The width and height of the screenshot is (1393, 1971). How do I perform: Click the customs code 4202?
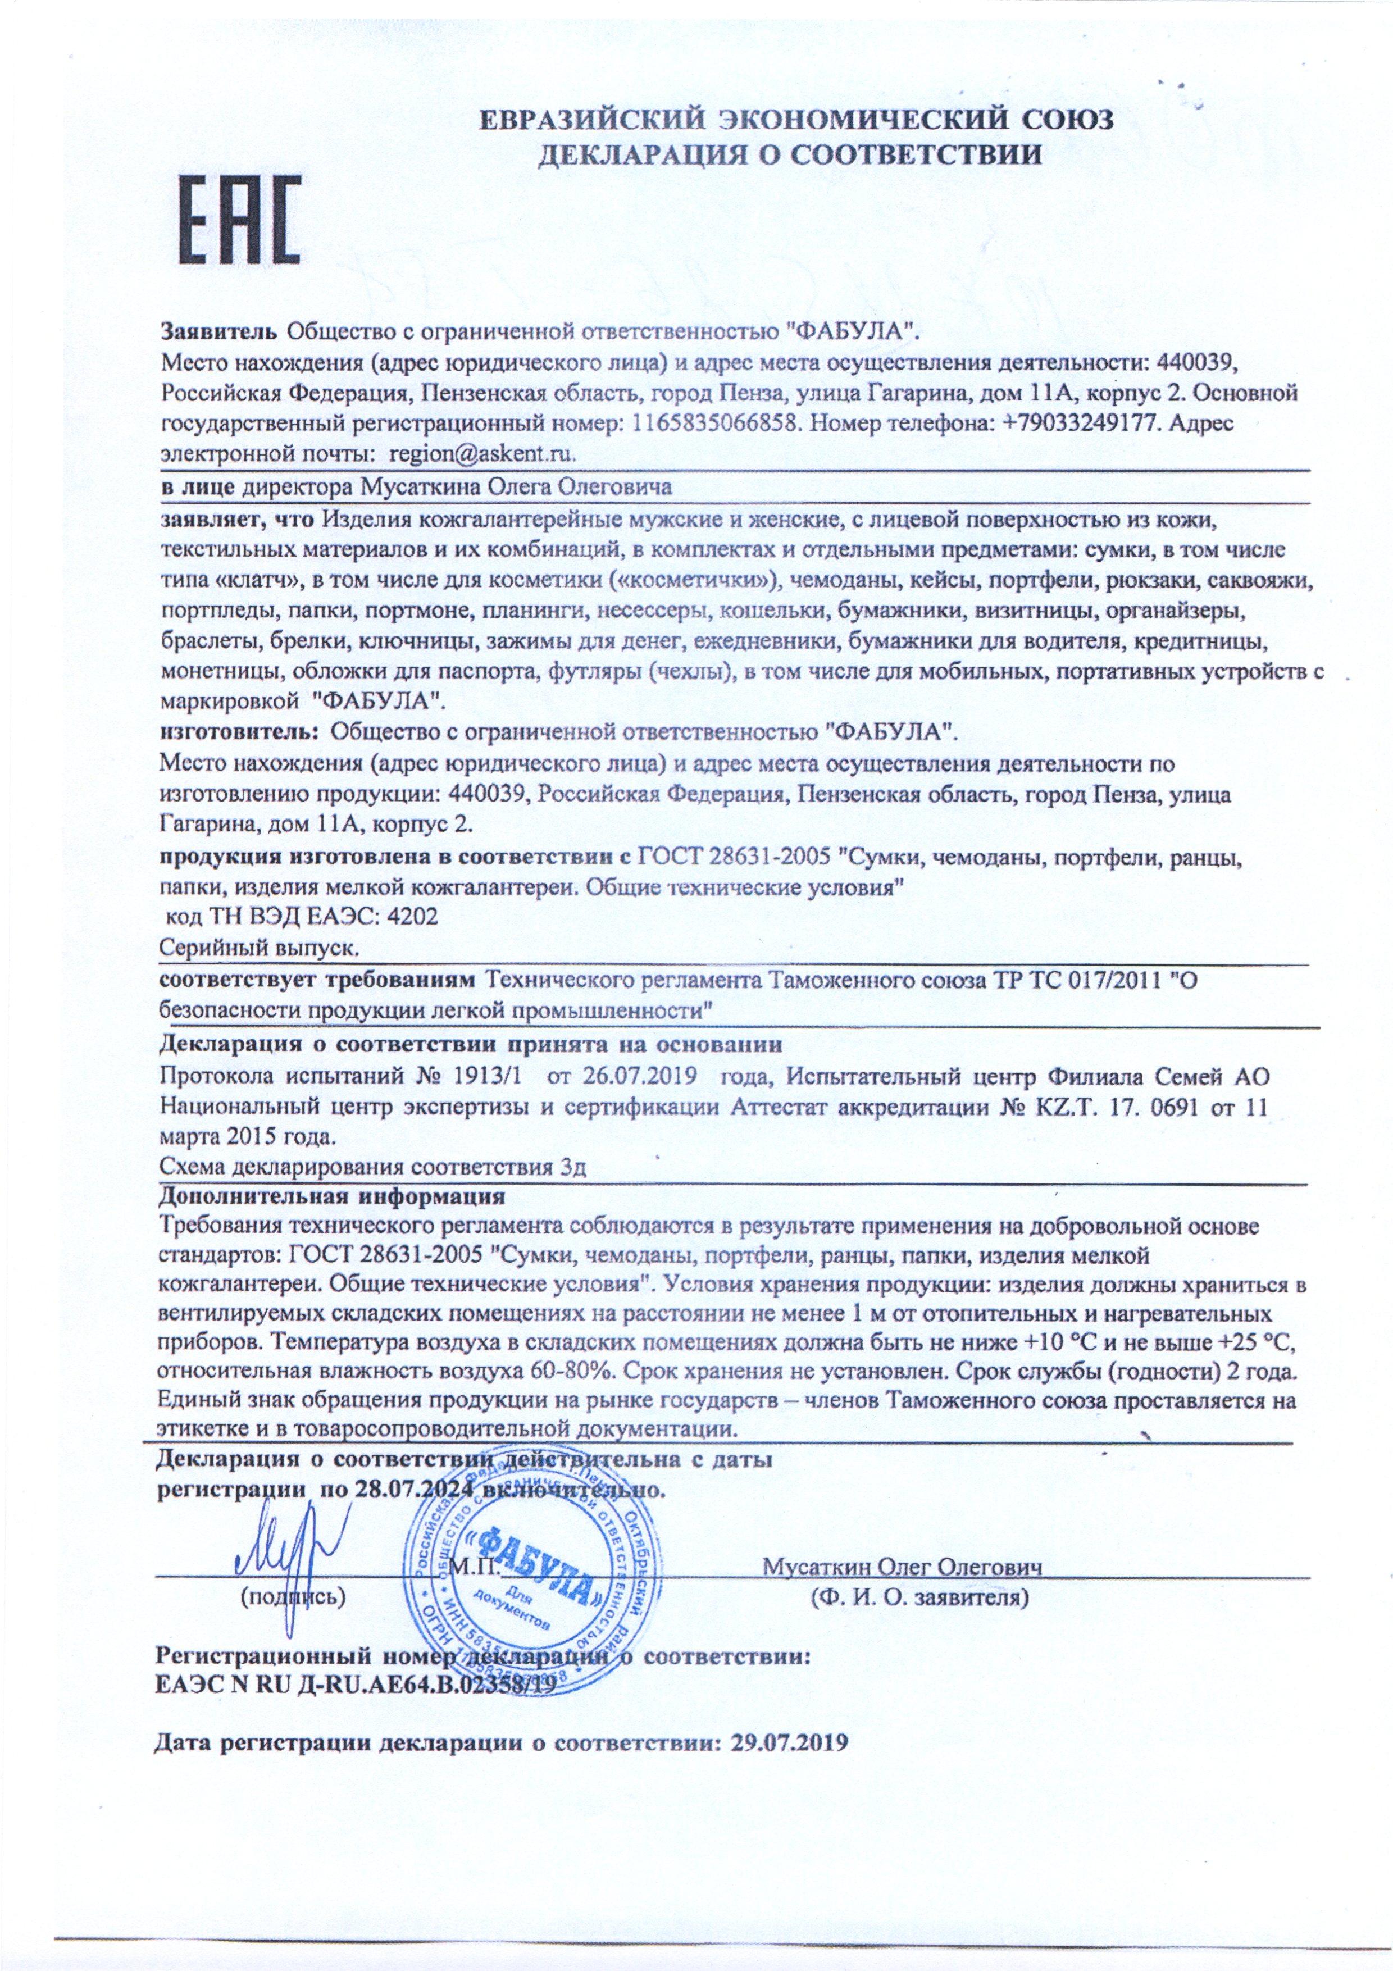[414, 916]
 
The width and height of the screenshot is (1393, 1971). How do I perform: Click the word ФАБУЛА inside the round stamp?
[536, 1567]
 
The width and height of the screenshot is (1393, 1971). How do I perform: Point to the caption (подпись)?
[293, 1597]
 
